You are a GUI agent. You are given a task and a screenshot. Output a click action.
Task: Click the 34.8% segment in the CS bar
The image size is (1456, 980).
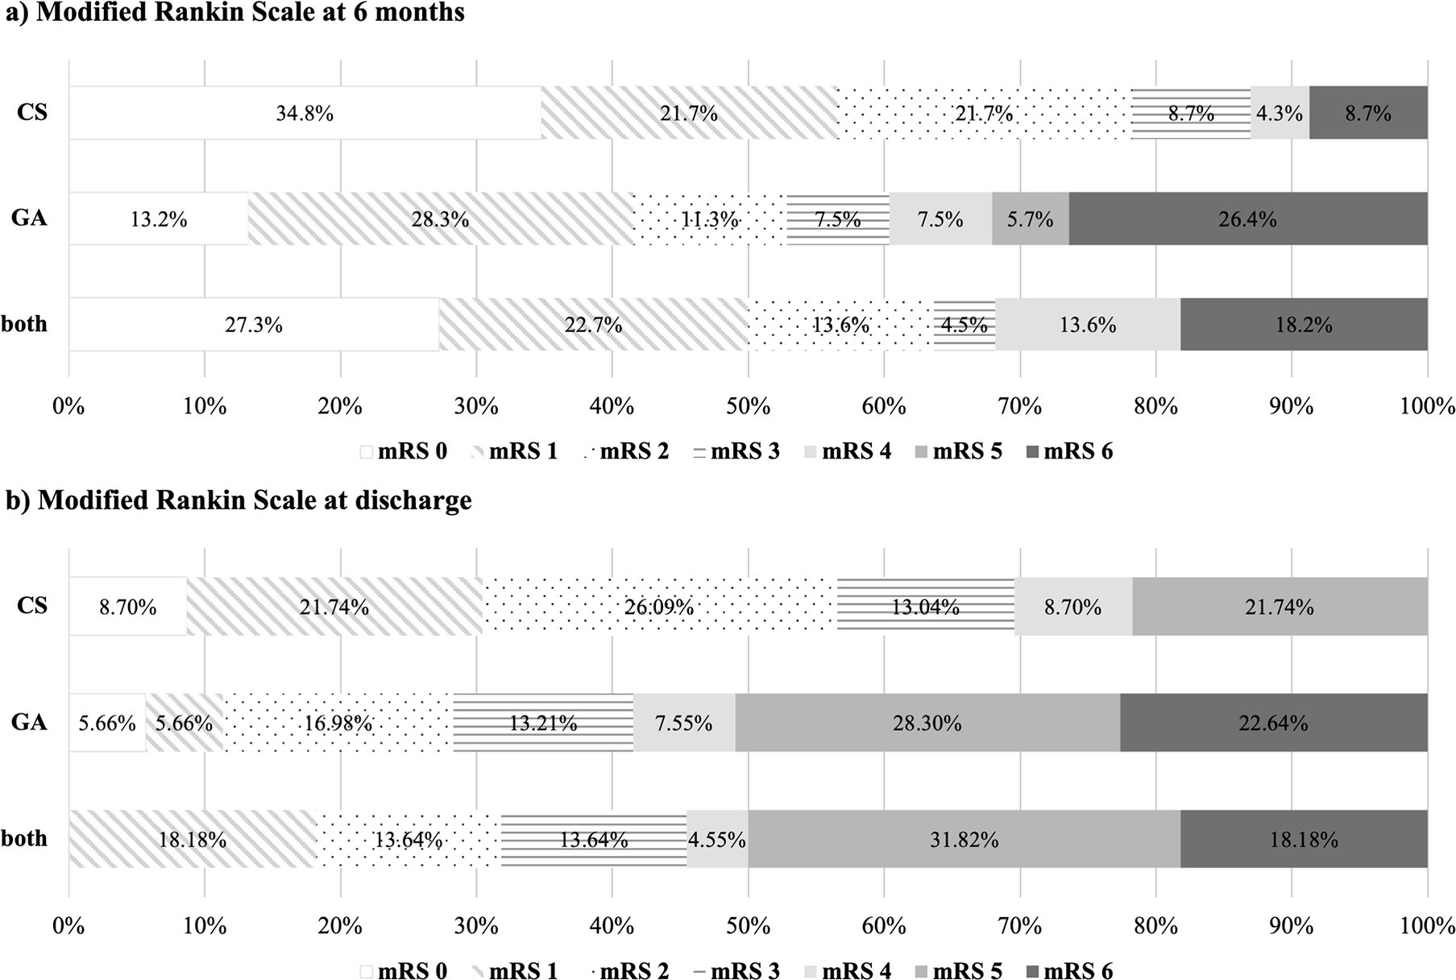pyautogui.click(x=305, y=113)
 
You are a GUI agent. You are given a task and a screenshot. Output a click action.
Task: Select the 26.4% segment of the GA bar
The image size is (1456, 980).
pyautogui.click(x=1247, y=218)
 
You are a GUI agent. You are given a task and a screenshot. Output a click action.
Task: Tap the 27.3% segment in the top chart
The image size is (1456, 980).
pyautogui.click(x=254, y=324)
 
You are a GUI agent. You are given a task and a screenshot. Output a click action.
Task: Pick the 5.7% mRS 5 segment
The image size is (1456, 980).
pyautogui.click(x=1030, y=218)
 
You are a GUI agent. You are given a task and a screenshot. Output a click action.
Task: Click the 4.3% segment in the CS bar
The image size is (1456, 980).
pyautogui.click(x=1280, y=113)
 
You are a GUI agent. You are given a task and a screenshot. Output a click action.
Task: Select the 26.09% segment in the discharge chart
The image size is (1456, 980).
pyautogui.click(x=659, y=606)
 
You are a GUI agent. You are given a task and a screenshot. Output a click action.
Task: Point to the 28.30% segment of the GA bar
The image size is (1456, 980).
pyautogui.click(x=927, y=723)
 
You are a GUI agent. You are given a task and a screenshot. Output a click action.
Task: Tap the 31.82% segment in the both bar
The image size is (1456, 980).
pyautogui.click(x=964, y=840)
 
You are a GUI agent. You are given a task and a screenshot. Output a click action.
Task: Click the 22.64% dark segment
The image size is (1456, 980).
pyautogui.click(x=1273, y=723)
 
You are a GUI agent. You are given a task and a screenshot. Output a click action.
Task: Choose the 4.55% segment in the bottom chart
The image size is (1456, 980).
pyautogui.click(x=716, y=840)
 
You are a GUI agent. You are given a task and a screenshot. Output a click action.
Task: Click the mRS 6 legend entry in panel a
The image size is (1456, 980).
pyautogui.click(x=1068, y=451)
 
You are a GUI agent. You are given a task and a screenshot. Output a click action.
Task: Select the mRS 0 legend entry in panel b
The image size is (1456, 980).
pyautogui.click(x=403, y=971)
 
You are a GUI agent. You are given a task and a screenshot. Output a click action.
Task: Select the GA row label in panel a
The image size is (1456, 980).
pyautogui.click(x=29, y=218)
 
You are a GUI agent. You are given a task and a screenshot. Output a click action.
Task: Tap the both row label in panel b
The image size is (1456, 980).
pyautogui.click(x=24, y=838)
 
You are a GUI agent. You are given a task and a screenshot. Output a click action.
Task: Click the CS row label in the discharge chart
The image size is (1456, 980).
pyautogui.click(x=32, y=606)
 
